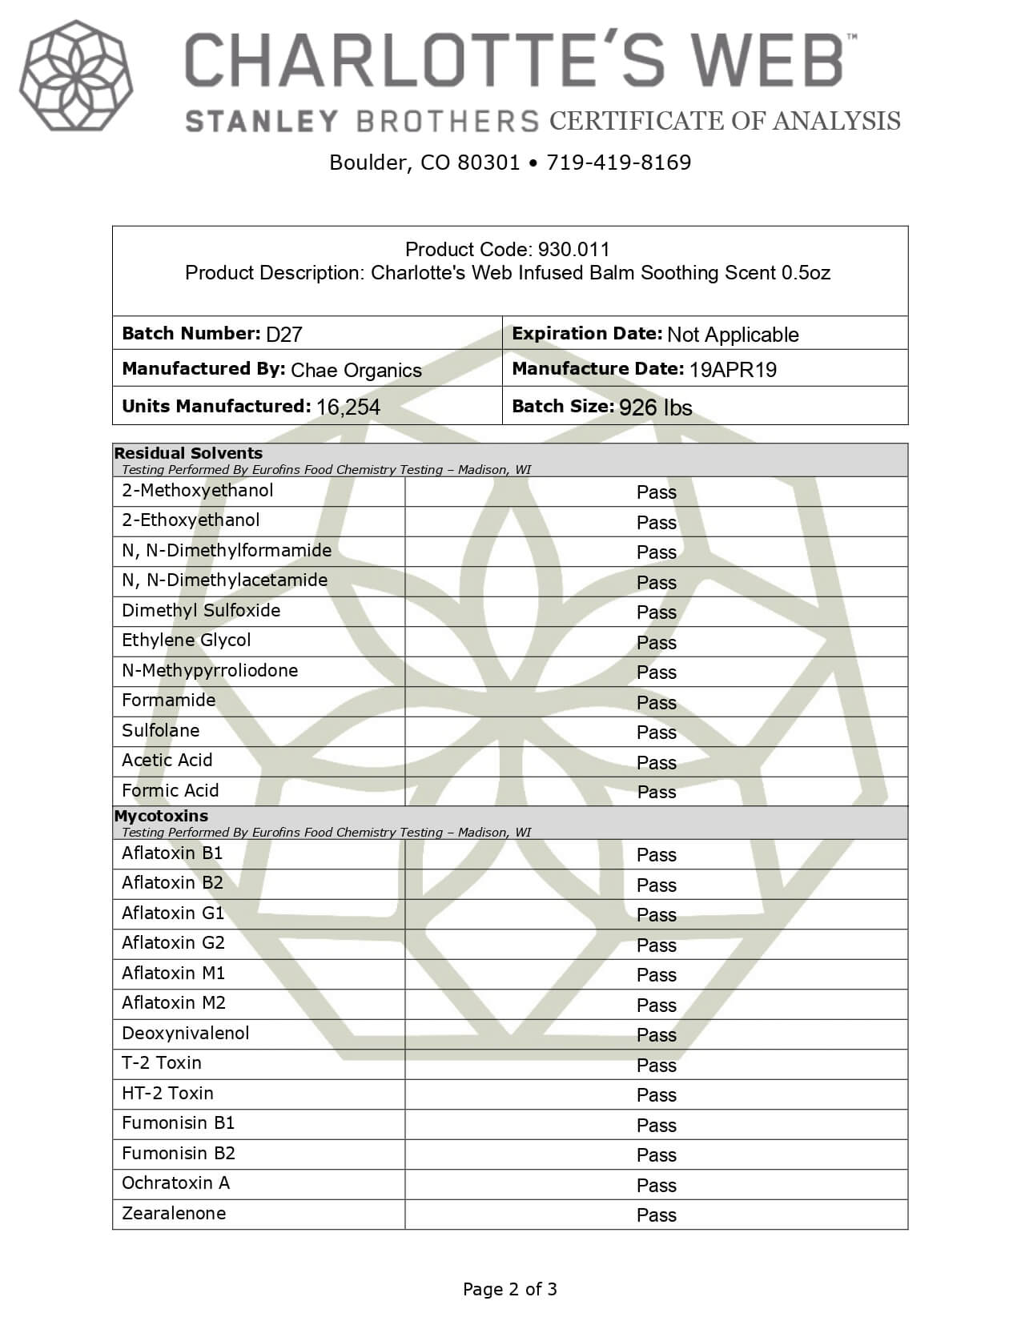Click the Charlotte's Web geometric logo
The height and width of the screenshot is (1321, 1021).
coord(76,76)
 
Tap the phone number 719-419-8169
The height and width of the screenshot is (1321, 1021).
coord(618,163)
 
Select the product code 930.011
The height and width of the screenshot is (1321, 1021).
coord(573,250)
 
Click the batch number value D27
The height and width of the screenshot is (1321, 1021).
coord(283,335)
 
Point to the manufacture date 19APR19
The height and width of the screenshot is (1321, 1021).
coord(733,370)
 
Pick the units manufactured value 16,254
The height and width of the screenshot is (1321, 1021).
coord(348,408)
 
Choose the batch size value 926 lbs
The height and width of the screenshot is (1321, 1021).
coord(655,408)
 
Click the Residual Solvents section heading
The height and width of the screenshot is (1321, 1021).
coord(188,453)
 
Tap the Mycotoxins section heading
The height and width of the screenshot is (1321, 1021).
coord(161,816)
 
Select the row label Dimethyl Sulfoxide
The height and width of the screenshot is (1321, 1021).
coord(201,611)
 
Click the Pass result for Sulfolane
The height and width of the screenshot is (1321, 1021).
coord(656,733)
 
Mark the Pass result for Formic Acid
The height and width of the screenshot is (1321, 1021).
coord(656,793)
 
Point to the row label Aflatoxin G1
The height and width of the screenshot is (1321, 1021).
coord(173,913)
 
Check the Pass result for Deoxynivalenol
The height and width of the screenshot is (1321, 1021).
coord(656,1035)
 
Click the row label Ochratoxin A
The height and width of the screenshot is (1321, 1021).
coord(175,1183)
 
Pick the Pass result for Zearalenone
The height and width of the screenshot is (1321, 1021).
coord(656,1215)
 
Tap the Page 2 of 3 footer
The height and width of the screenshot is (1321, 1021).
coord(509,1289)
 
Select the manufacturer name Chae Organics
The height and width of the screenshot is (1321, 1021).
coord(356,371)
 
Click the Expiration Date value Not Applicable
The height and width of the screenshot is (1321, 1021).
coord(733,335)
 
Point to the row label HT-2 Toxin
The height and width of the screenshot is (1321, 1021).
coord(167,1094)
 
